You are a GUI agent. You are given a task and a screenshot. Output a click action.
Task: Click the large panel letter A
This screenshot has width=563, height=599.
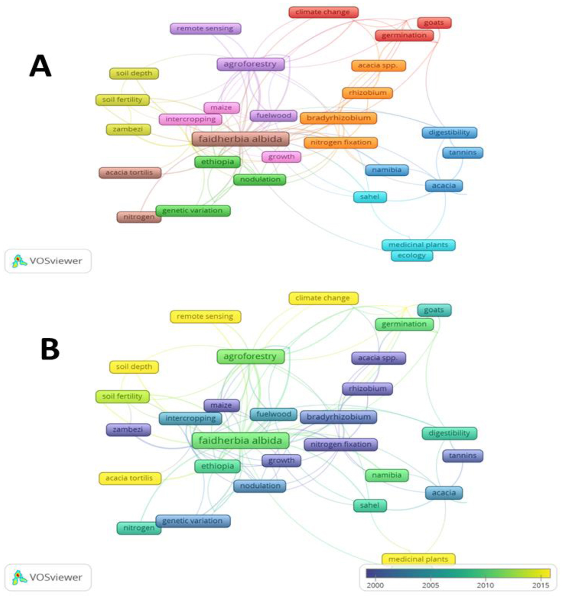(40, 66)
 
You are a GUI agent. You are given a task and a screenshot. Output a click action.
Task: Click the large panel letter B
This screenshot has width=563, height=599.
(50, 349)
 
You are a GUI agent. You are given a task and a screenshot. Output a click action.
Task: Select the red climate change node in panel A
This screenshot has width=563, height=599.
(323, 12)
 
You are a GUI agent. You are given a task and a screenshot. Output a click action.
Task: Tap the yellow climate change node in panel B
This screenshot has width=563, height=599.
(323, 298)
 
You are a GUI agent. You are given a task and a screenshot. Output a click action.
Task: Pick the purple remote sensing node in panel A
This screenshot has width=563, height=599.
(205, 29)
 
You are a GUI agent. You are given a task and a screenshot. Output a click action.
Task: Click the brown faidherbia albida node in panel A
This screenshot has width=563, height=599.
(240, 139)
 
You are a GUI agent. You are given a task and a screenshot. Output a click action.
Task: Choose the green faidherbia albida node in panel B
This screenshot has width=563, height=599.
(240, 440)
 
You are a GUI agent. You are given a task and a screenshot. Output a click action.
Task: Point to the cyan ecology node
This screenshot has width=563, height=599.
(412, 256)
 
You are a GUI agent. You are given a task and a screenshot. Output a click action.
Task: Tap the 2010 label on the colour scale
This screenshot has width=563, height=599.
(485, 585)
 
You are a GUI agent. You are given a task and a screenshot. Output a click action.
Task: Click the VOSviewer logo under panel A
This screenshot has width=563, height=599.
(48, 261)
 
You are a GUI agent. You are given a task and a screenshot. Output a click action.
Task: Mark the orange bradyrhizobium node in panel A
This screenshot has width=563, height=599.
(338, 118)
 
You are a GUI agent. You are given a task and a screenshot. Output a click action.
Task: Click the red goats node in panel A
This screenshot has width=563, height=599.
(434, 23)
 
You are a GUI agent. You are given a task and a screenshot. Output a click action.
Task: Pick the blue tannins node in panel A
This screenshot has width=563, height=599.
(463, 153)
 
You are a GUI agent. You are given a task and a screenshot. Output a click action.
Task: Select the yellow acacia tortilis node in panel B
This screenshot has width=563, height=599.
(129, 478)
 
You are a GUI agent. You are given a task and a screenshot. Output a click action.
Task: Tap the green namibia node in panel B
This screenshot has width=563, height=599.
(387, 475)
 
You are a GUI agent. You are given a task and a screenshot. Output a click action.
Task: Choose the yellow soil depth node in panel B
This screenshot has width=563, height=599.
(134, 367)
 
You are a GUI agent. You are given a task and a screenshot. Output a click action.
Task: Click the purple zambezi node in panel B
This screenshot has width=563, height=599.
(128, 430)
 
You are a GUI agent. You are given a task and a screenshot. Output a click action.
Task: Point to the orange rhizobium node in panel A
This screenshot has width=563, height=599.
(367, 93)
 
